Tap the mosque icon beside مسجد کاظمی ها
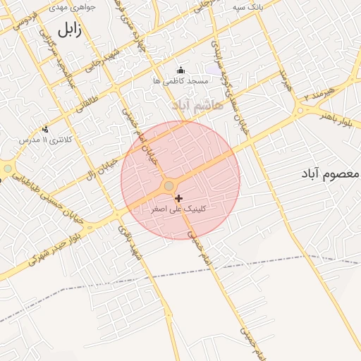coord(180,70)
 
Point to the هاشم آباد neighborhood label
coord(197,104)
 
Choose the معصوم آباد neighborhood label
coord(331,173)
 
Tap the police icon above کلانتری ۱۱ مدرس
coord(46,129)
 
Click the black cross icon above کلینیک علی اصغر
coord(179,199)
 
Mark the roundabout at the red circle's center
coord(169,186)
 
